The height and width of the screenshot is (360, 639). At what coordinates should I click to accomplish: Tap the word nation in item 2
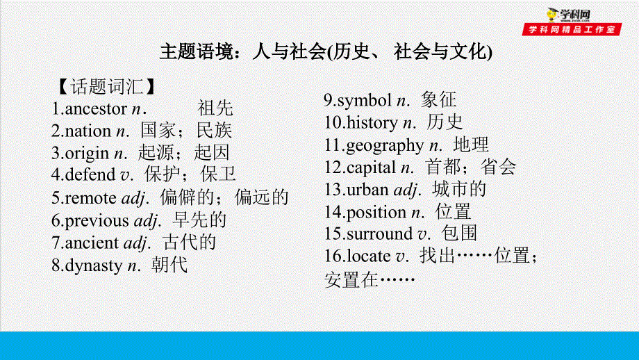[88, 131]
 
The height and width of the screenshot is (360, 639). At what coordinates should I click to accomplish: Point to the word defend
[91, 176]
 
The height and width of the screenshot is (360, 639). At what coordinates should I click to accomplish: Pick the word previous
[97, 220]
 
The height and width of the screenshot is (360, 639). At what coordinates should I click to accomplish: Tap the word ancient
[92, 243]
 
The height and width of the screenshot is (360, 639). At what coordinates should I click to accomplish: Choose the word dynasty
[93, 265]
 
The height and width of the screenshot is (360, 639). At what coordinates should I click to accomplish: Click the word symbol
[365, 101]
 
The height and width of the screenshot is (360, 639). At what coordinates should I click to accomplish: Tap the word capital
[371, 167]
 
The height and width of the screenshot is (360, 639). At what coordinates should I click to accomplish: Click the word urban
[367, 190]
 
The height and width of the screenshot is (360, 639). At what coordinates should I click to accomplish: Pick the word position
[376, 212]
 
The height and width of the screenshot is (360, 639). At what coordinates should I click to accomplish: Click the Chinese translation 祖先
[215, 108]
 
